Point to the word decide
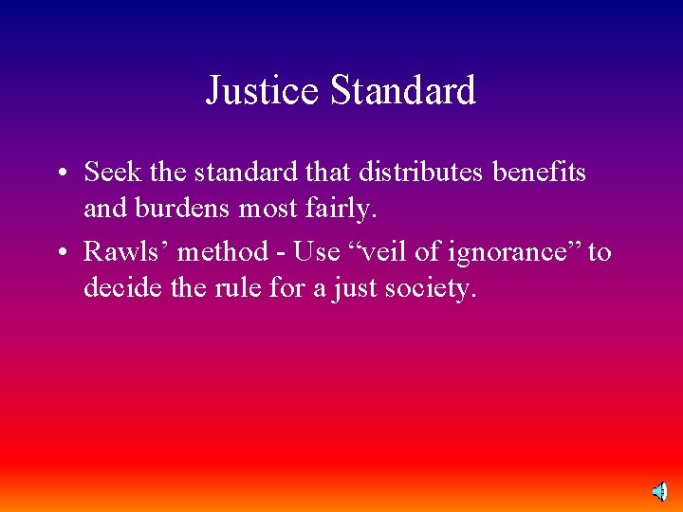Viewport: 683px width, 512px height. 119,286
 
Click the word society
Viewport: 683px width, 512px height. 429,288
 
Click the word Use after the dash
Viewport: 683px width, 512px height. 316,252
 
